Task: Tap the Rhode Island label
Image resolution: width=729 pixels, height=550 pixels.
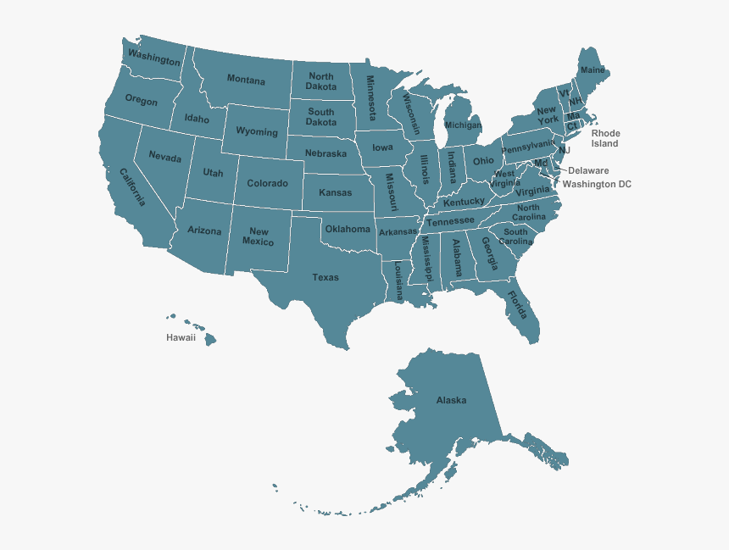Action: (605, 138)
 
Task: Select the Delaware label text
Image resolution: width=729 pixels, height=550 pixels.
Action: (588, 170)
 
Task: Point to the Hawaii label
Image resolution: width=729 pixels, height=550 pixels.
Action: (181, 337)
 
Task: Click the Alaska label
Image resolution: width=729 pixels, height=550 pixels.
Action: (451, 400)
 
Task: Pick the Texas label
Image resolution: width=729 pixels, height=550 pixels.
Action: (326, 277)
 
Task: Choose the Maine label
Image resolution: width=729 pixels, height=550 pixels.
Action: (593, 69)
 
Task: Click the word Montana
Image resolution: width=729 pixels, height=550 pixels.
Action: (246, 80)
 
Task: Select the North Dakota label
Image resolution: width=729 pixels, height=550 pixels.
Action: (321, 81)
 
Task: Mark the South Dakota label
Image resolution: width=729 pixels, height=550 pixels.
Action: (321, 117)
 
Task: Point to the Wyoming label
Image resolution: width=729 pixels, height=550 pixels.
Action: (256, 132)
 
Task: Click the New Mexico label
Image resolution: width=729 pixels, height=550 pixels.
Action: (259, 236)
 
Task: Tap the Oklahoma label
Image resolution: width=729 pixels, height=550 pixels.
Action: (348, 229)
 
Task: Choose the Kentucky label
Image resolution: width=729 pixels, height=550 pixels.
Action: (464, 203)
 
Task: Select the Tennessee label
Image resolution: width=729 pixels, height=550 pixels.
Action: (450, 221)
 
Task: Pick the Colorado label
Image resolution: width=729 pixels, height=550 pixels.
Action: (268, 183)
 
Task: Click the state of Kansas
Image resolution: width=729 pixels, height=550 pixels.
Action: (336, 192)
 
